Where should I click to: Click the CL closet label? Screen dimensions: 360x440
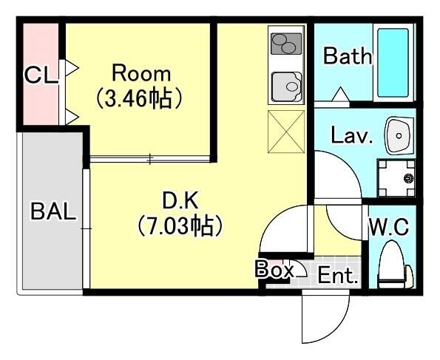point(41,75)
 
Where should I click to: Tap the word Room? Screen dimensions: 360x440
point(141,74)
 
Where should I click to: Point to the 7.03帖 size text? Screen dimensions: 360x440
point(180,225)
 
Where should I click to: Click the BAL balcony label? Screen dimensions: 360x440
point(53,212)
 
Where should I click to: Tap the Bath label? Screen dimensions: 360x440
point(348,56)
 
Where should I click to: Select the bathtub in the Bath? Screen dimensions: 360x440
point(396,62)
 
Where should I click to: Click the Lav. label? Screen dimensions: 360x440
point(352,136)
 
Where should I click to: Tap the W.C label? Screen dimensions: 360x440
point(389,227)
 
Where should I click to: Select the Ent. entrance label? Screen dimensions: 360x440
point(338,276)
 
